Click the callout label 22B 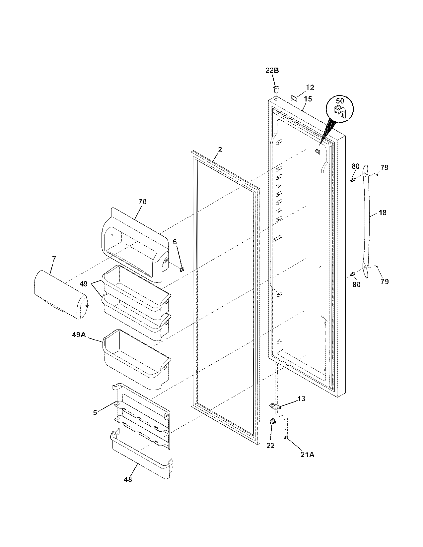[x=272, y=70]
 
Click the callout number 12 [x=310, y=88]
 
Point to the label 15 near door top [x=308, y=99]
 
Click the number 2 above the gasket [x=219, y=150]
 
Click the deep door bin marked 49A [x=136, y=360]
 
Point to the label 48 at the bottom [x=128, y=479]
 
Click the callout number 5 [x=95, y=412]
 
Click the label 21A [x=307, y=455]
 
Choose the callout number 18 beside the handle [x=383, y=213]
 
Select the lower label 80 [x=356, y=284]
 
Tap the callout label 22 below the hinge [x=270, y=446]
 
